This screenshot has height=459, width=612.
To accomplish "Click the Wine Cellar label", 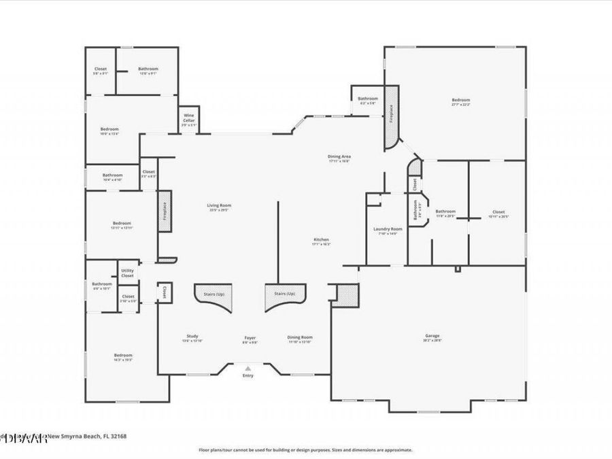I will point(188,118).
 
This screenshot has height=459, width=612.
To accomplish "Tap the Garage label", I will point(432,336).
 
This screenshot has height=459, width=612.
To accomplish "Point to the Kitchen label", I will point(321,240).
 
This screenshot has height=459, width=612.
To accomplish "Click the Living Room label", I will point(220,205).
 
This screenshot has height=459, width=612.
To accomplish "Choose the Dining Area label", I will point(339,157).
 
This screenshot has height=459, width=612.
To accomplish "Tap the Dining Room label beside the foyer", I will point(299,337).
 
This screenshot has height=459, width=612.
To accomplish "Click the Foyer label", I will point(250,338).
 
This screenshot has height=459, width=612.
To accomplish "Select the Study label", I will point(192,337).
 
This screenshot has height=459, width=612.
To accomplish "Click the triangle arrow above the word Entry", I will point(248,367).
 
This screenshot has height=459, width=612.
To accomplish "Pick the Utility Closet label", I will point(127,273).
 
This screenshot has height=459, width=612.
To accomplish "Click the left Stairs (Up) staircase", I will point(213,297).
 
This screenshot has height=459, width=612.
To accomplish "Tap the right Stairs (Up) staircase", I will point(285,297).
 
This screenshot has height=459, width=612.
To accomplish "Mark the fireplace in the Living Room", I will point(164,211).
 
